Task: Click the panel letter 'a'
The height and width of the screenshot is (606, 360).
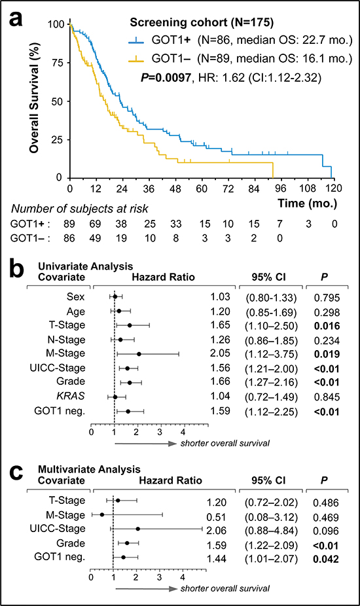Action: tap(16, 18)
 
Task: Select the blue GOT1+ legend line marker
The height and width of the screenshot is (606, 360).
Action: tap(135, 40)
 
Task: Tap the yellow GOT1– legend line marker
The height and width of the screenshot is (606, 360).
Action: tap(135, 59)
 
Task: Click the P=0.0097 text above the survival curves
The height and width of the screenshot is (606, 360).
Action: tap(166, 78)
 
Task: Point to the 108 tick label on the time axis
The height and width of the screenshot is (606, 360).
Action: tap(308, 188)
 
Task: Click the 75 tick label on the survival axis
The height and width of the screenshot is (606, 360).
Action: tap(56, 63)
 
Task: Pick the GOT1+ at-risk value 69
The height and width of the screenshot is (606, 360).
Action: tap(95, 224)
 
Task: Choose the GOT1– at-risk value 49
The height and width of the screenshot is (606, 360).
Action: tap(95, 238)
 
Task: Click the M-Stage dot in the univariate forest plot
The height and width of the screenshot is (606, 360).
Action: tap(139, 354)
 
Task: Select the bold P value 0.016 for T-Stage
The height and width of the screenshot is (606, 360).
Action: tap(327, 326)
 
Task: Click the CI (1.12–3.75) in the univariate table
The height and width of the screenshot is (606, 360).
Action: tap(271, 355)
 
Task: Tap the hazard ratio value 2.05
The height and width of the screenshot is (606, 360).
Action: tap(220, 353)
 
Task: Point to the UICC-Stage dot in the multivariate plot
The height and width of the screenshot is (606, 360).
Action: tap(137, 529)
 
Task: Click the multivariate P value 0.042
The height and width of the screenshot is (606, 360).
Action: tap(326, 560)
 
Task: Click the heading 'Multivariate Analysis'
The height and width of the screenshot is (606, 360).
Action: tap(89, 469)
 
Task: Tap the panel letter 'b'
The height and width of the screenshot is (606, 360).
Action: tap(16, 270)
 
